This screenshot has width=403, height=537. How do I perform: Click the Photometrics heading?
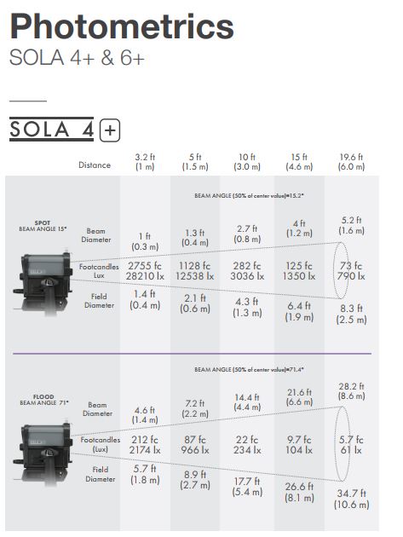[122, 26]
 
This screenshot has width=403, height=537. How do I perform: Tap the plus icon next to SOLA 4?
[110, 130]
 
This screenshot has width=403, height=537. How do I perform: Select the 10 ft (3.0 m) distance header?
[247, 162]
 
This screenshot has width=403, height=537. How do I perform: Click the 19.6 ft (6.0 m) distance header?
[351, 162]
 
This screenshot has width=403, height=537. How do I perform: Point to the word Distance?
[95, 165]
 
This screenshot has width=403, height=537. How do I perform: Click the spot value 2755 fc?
[145, 266]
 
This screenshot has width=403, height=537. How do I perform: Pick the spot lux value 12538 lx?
[195, 276]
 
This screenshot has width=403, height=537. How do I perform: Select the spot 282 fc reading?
[247, 266]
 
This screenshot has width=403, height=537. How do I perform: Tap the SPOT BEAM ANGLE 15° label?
[43, 226]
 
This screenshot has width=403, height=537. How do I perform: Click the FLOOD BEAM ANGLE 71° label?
[43, 400]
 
